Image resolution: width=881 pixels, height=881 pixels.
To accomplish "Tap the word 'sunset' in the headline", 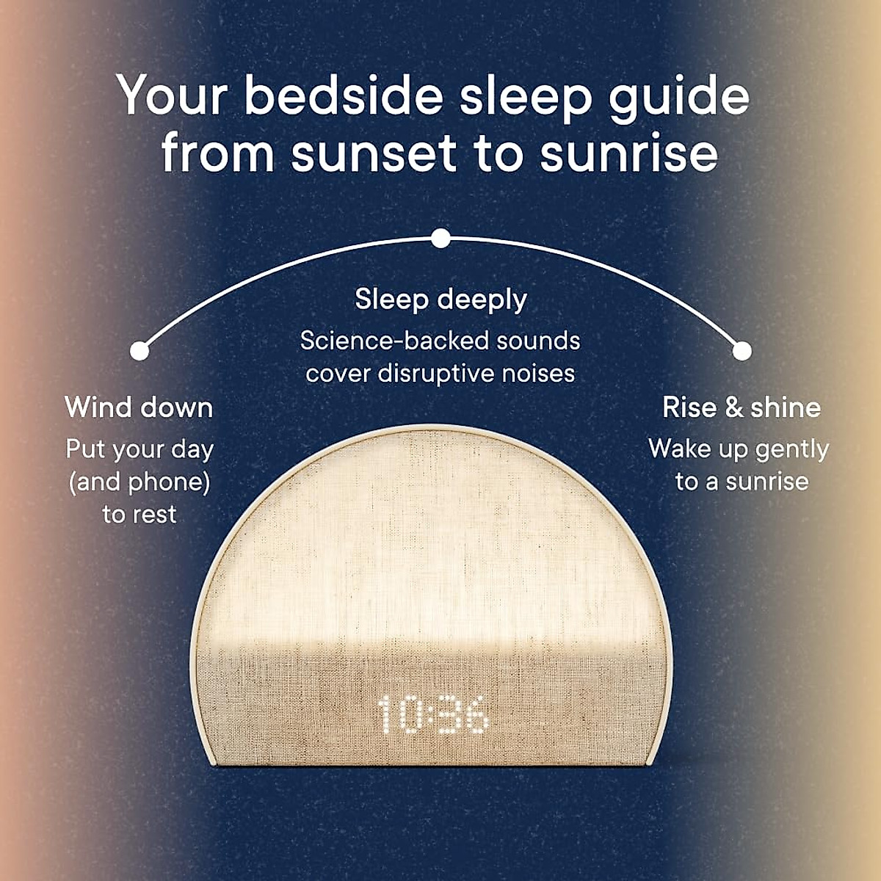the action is pyautogui.click(x=374, y=151).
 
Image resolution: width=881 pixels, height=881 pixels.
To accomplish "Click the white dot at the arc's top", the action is pyautogui.click(x=440, y=238).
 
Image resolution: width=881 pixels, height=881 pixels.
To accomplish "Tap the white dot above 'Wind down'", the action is pyautogui.click(x=139, y=351).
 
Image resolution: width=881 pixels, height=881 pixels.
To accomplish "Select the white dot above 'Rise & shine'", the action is pyautogui.click(x=742, y=351).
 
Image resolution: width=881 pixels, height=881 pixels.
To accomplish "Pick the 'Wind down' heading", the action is pyautogui.click(x=139, y=407).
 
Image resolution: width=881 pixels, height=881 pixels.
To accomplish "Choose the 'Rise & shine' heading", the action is pyautogui.click(x=742, y=407).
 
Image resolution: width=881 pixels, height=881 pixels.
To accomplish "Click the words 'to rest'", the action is pyautogui.click(x=139, y=515).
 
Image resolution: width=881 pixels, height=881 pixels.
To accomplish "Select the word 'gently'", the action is pyautogui.click(x=792, y=450).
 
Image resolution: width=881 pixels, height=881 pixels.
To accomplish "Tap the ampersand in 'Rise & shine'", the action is pyautogui.click(x=734, y=407).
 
